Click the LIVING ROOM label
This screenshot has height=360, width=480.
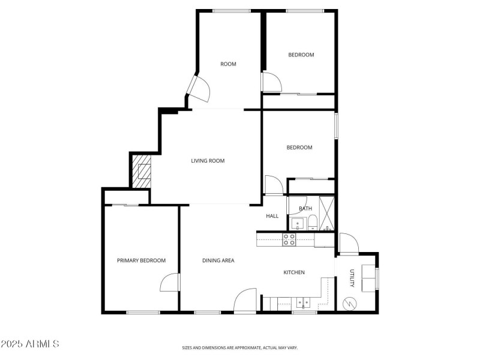208,161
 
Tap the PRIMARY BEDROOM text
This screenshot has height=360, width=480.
141,260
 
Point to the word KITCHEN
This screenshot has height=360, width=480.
294,272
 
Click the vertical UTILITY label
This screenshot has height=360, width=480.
352,278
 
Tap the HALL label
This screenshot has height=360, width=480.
272,216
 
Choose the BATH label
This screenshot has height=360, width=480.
305,209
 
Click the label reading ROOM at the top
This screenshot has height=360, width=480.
228,64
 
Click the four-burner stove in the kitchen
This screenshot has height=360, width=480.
289,239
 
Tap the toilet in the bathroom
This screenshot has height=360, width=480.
312,224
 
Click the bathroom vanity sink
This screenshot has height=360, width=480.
296,225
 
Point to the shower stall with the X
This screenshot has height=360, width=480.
328,214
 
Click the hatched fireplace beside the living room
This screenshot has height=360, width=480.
143,171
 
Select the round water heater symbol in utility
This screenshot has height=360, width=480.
349,304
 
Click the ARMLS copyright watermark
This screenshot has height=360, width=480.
30,344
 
